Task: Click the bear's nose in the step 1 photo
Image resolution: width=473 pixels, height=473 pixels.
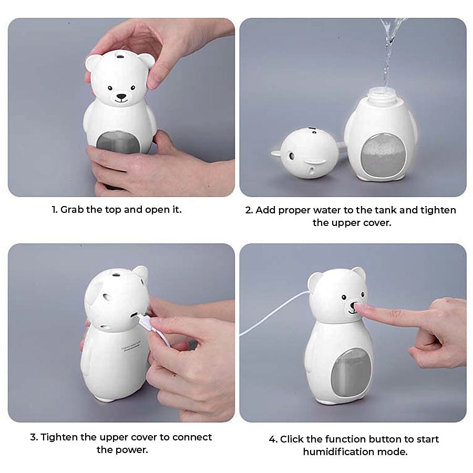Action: click(x=121, y=97)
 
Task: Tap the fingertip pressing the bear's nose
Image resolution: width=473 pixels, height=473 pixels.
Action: click(x=359, y=308)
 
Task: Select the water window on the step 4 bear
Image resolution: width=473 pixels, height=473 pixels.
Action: click(x=351, y=372)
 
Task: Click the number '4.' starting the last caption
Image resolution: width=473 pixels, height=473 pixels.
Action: click(x=273, y=439)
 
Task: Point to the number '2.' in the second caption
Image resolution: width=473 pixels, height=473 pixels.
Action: click(x=249, y=210)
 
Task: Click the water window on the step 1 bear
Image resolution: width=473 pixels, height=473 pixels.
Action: click(x=119, y=142)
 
